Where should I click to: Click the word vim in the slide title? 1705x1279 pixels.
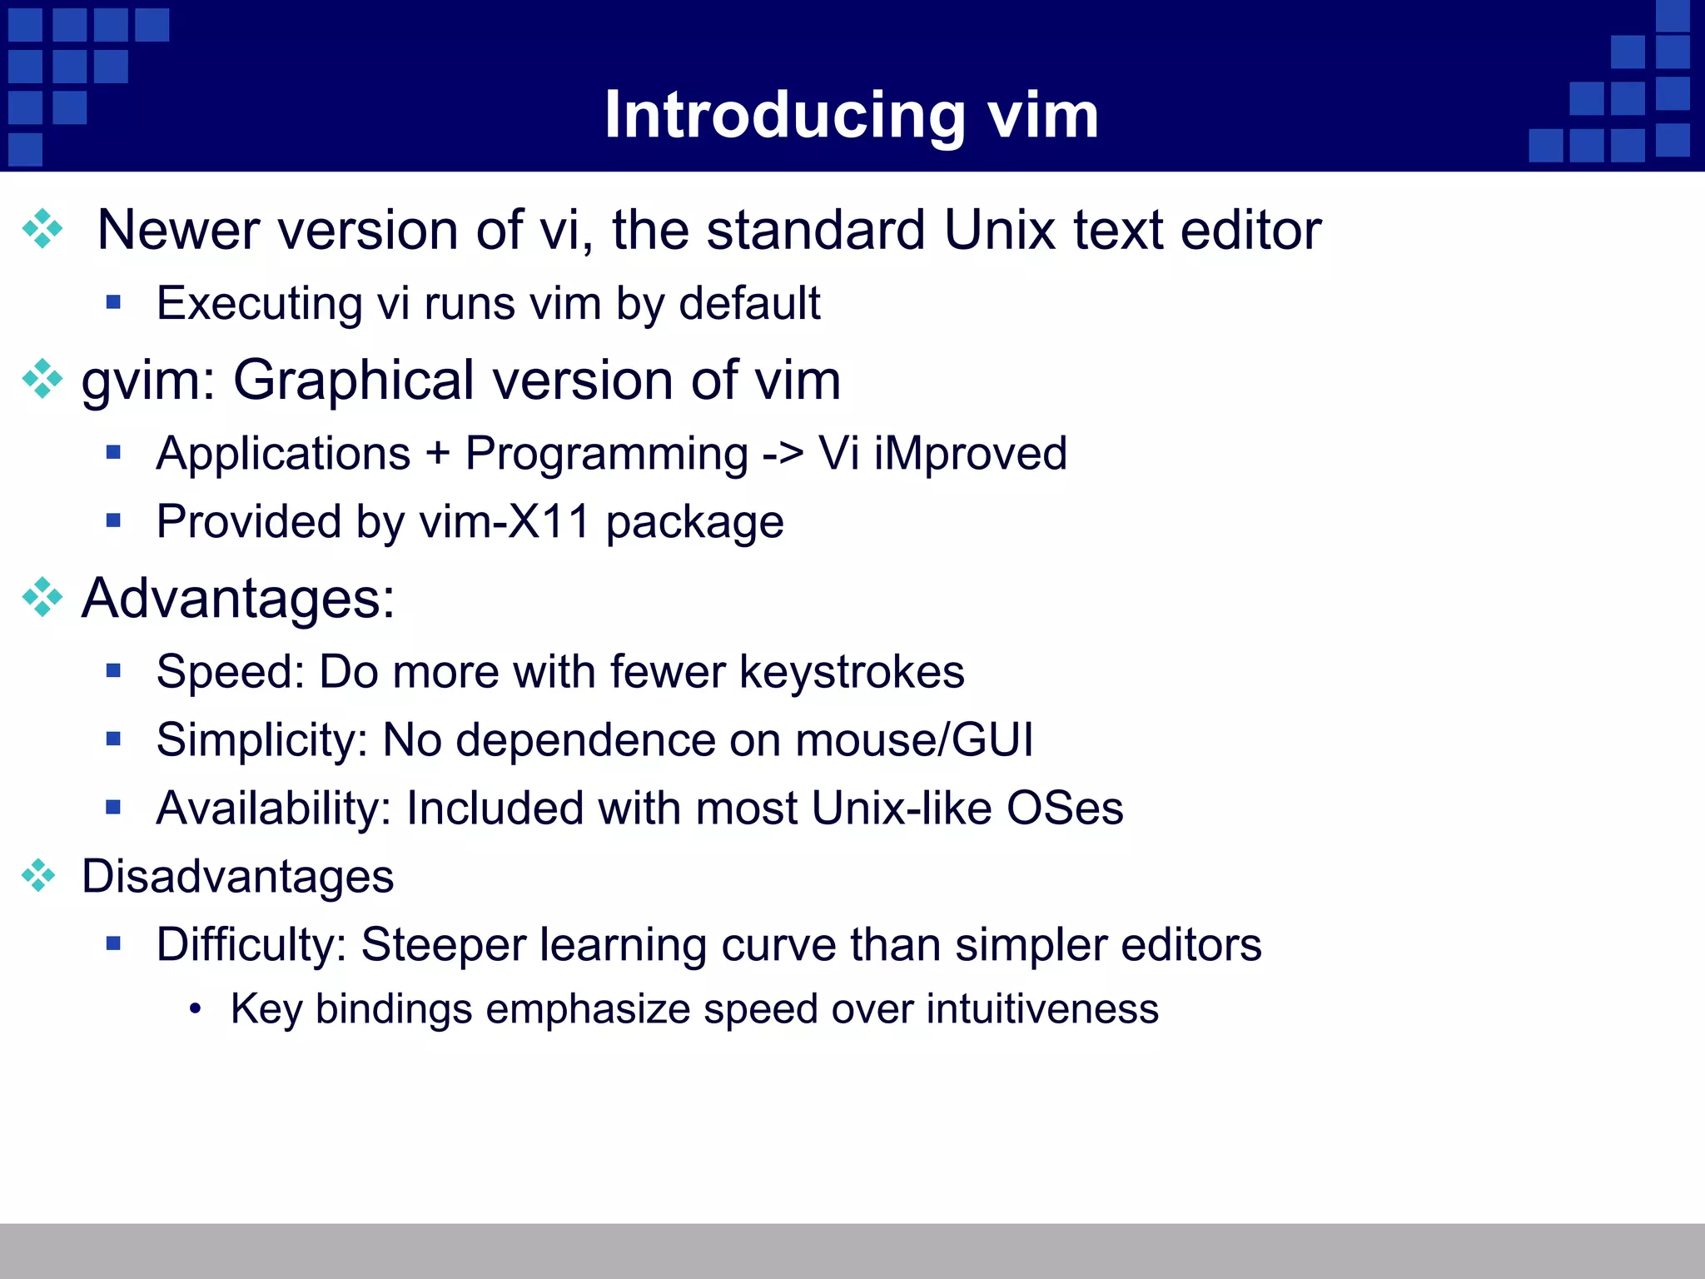(x=1042, y=115)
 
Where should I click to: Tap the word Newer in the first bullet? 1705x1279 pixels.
(x=177, y=230)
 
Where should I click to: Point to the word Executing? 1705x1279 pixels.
(x=259, y=303)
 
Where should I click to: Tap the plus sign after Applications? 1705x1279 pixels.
(x=437, y=455)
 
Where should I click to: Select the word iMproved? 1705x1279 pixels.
(x=970, y=455)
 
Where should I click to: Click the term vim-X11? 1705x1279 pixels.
(x=505, y=522)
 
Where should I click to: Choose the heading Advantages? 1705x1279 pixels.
(x=238, y=598)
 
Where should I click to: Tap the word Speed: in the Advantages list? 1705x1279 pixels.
(x=230, y=672)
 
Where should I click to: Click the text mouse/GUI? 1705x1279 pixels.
(x=913, y=740)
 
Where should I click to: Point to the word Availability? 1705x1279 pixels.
(x=273, y=809)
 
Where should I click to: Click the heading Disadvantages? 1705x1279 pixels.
(x=237, y=877)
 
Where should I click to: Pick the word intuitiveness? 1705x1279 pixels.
(x=1042, y=1009)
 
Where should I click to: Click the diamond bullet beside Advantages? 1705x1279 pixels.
(x=42, y=597)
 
